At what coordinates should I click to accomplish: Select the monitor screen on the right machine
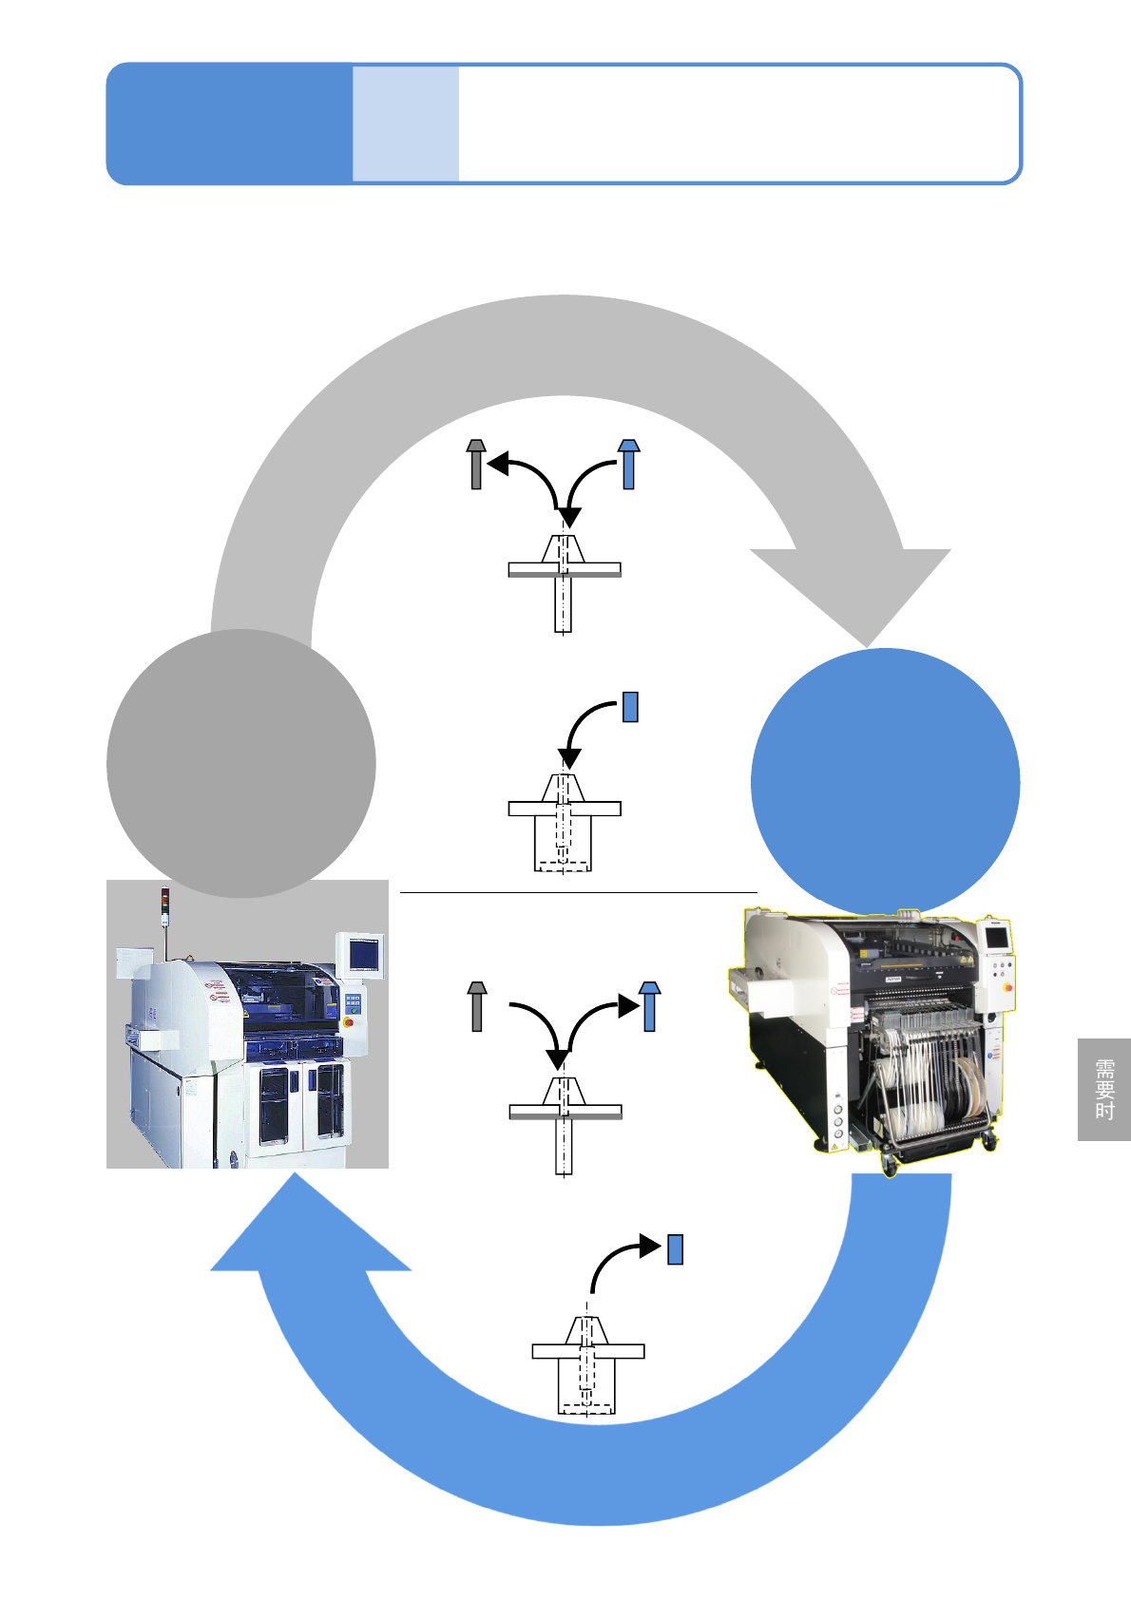click(x=996, y=938)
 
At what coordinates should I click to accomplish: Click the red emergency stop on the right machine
click(x=1006, y=988)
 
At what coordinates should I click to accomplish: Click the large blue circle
click(x=885, y=782)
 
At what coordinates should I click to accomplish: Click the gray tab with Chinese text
click(x=1103, y=1090)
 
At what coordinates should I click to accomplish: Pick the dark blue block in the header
click(x=229, y=124)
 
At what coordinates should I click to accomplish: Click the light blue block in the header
click(x=406, y=124)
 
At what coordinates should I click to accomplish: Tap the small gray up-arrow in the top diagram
click(x=476, y=465)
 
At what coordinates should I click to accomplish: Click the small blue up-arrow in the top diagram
click(x=628, y=465)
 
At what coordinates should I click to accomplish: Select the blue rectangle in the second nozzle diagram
click(x=630, y=707)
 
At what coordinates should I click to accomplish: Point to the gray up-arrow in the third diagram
click(x=477, y=1006)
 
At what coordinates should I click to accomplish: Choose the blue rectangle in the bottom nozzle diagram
click(x=675, y=1248)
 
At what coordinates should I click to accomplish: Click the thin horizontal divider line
click(x=578, y=893)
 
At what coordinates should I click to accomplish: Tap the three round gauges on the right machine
click(x=837, y=1120)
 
